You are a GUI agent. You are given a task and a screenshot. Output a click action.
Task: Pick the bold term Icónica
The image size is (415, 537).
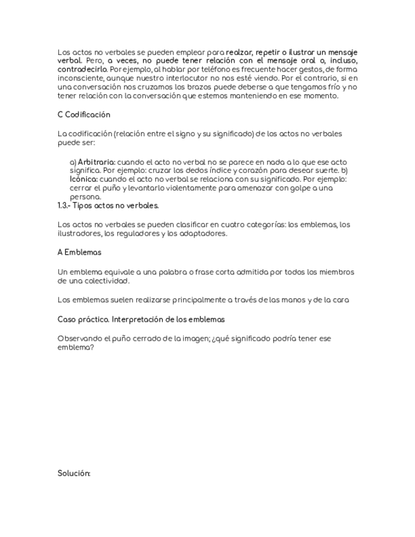[84, 179]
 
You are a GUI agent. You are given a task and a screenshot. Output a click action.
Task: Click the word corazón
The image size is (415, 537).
[232, 171]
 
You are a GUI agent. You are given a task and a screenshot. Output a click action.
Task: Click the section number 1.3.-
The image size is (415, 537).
[64, 206]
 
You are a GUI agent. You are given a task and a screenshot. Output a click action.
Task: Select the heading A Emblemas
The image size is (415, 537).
[79, 252]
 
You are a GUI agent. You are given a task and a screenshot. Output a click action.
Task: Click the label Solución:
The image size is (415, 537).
[74, 473]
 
